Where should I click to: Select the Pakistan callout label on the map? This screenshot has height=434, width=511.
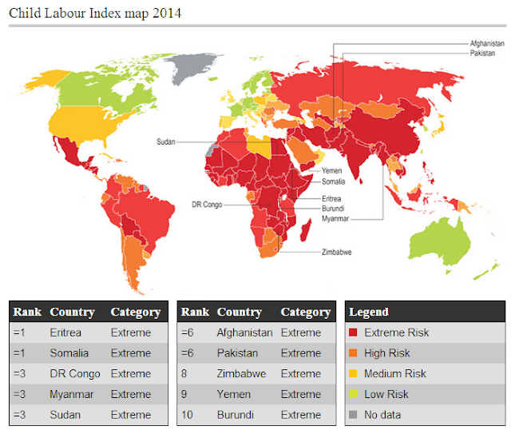[x=481, y=53]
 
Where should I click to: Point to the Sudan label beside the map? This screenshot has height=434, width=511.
[x=165, y=141]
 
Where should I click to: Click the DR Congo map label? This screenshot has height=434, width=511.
[x=205, y=205]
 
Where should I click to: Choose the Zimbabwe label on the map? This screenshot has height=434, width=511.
[x=337, y=251]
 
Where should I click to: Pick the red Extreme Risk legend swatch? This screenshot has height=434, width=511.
[x=353, y=332]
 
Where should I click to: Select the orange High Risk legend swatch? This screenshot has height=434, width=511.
[x=353, y=353]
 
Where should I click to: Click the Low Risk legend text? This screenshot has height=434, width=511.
[x=387, y=394]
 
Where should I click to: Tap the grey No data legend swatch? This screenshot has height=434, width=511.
[x=353, y=415]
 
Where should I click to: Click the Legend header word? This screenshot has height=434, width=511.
[x=369, y=312]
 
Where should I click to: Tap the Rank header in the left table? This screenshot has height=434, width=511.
[x=26, y=312]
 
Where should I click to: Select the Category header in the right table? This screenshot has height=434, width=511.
[x=305, y=312]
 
